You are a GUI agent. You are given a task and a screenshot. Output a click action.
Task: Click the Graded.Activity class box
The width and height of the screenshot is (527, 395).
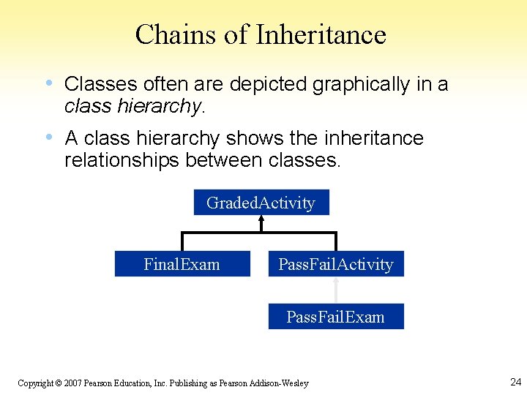click(261, 203)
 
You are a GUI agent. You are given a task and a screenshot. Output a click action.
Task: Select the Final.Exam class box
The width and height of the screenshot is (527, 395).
click(182, 264)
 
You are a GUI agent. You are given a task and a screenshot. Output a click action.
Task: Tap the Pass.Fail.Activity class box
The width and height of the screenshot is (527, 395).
click(336, 264)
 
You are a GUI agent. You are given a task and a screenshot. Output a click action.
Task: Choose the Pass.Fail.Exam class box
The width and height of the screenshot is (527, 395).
click(336, 317)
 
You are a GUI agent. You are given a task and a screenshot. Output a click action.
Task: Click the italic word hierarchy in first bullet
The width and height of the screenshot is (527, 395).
click(158, 107)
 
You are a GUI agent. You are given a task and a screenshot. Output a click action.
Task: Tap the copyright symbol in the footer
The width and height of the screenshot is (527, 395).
click(59, 383)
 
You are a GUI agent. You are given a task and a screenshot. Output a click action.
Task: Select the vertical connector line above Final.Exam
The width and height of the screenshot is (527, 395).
click(182, 242)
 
